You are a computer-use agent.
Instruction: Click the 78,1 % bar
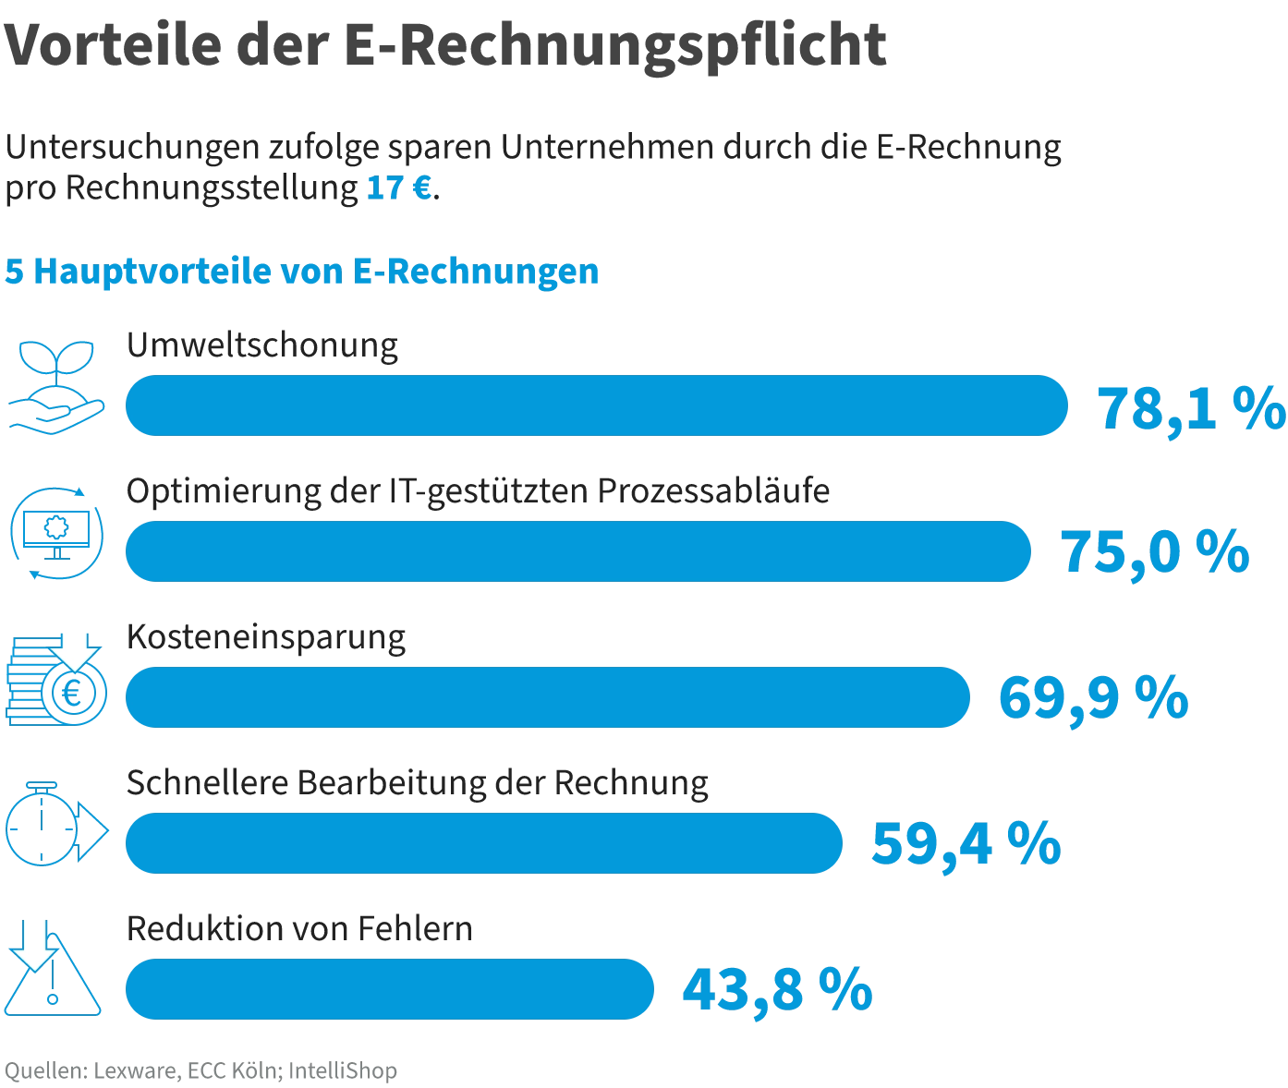(596, 405)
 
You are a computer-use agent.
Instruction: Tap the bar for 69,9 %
(547, 697)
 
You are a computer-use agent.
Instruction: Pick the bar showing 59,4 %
(483, 843)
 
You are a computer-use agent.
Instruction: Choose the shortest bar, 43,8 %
(389, 988)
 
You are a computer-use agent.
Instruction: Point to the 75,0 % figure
(1154, 553)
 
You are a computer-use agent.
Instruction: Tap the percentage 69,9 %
(1093, 699)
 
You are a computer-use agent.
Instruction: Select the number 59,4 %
(966, 843)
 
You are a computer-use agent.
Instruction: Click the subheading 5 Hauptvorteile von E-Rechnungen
(301, 272)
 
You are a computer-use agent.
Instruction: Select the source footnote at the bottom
(200, 1071)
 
